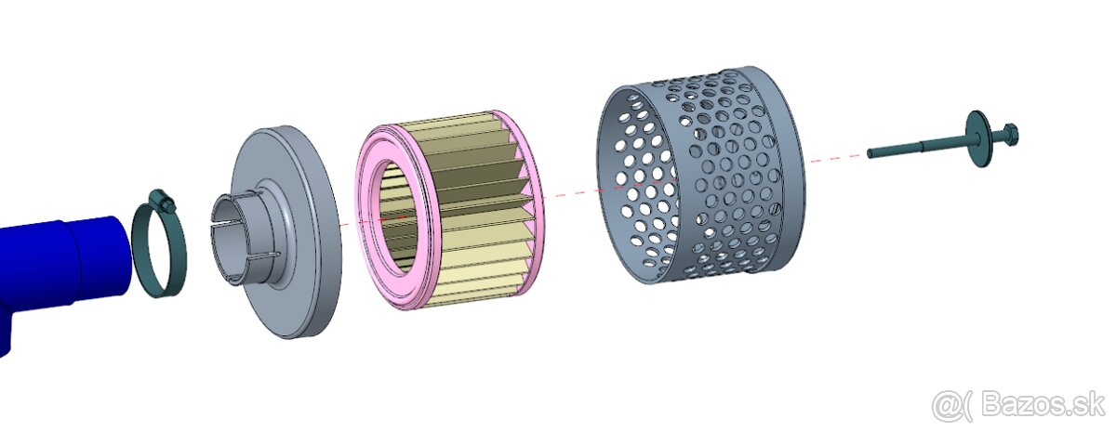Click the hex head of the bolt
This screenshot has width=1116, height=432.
[x=1007, y=135]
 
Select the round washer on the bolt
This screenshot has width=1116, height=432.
[x=977, y=138]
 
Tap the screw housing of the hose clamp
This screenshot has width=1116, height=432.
[x=163, y=202]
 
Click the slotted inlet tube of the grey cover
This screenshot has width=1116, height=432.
[x=234, y=239]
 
